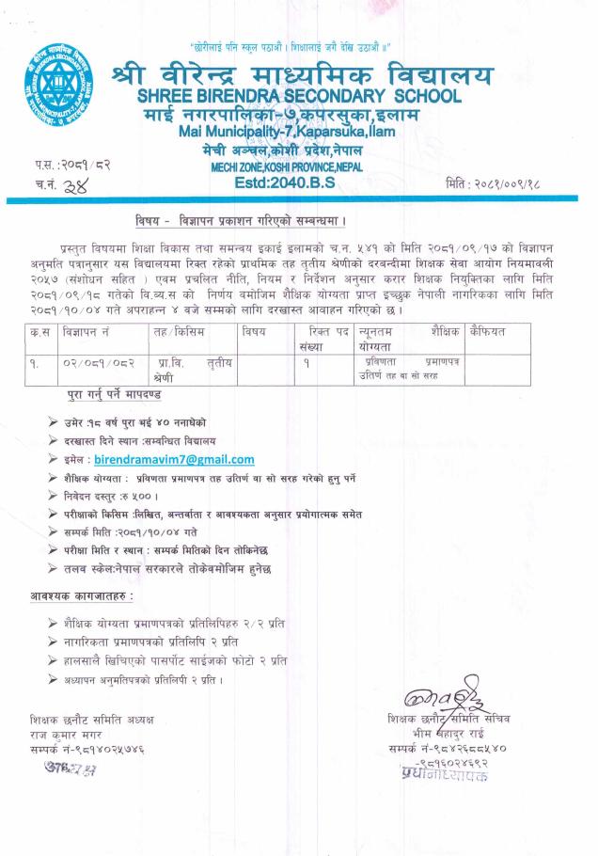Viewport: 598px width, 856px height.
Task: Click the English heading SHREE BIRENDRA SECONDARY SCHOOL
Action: tap(299, 96)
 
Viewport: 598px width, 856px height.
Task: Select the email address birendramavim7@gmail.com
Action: tap(174, 459)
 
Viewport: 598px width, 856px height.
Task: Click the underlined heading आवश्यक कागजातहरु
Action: tap(80, 596)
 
